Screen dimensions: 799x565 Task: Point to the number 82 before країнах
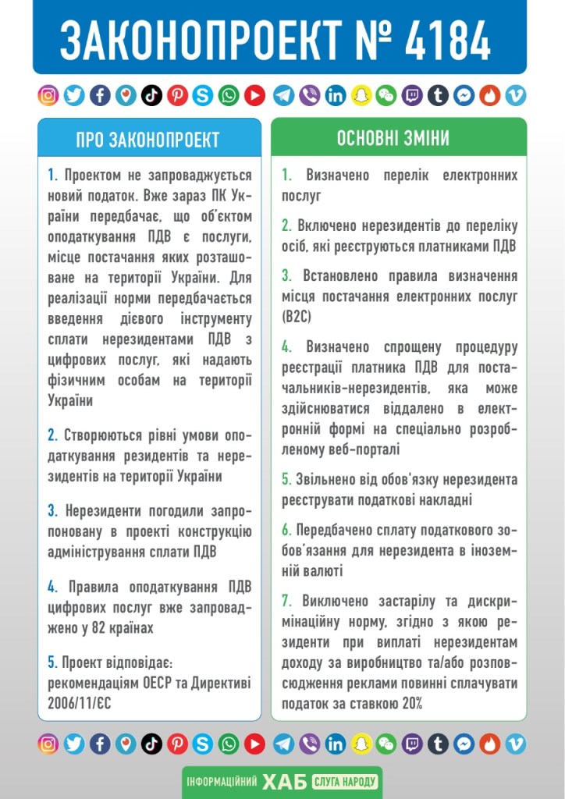[98, 627]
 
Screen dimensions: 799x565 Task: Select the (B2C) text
[297, 316]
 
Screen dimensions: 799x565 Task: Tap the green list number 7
[286, 601]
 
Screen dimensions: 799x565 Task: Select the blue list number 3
[52, 511]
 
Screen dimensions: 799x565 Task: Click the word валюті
[319, 570]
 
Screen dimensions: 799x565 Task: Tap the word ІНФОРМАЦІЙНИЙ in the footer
[221, 781]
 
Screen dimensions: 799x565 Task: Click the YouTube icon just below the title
[254, 96]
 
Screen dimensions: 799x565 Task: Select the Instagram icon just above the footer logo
[48, 744]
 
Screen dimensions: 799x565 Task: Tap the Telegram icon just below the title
[284, 96]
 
